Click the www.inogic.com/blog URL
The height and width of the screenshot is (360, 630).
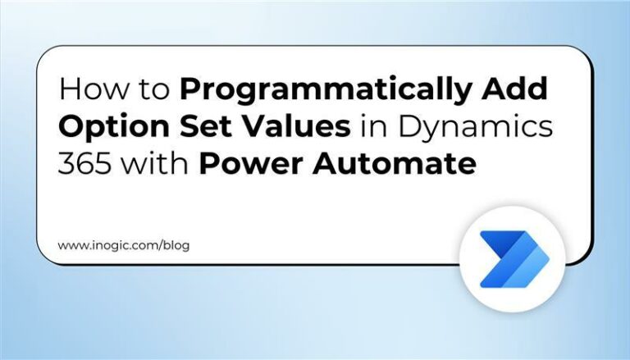[123, 245]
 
